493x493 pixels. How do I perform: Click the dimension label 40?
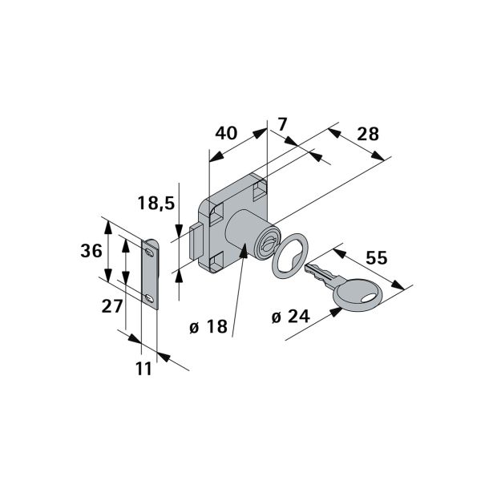(226, 133)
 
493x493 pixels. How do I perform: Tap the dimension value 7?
(282, 125)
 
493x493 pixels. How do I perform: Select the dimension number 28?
(368, 134)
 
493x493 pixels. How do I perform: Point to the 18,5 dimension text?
(156, 203)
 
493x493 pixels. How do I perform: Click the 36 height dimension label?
(91, 251)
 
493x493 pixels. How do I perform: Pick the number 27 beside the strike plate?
(111, 306)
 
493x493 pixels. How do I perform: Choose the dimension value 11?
(143, 369)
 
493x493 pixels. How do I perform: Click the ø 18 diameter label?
(208, 326)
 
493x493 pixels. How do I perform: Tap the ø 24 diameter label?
(291, 316)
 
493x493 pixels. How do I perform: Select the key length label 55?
(377, 258)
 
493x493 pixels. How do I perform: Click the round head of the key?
(358, 296)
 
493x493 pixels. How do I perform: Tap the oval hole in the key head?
(369, 298)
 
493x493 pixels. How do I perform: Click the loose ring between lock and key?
(289, 256)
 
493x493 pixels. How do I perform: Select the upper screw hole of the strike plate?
(150, 252)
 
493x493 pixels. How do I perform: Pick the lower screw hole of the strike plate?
(150, 297)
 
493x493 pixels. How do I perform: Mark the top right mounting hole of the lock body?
(260, 190)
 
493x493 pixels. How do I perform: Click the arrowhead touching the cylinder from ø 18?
(244, 250)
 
